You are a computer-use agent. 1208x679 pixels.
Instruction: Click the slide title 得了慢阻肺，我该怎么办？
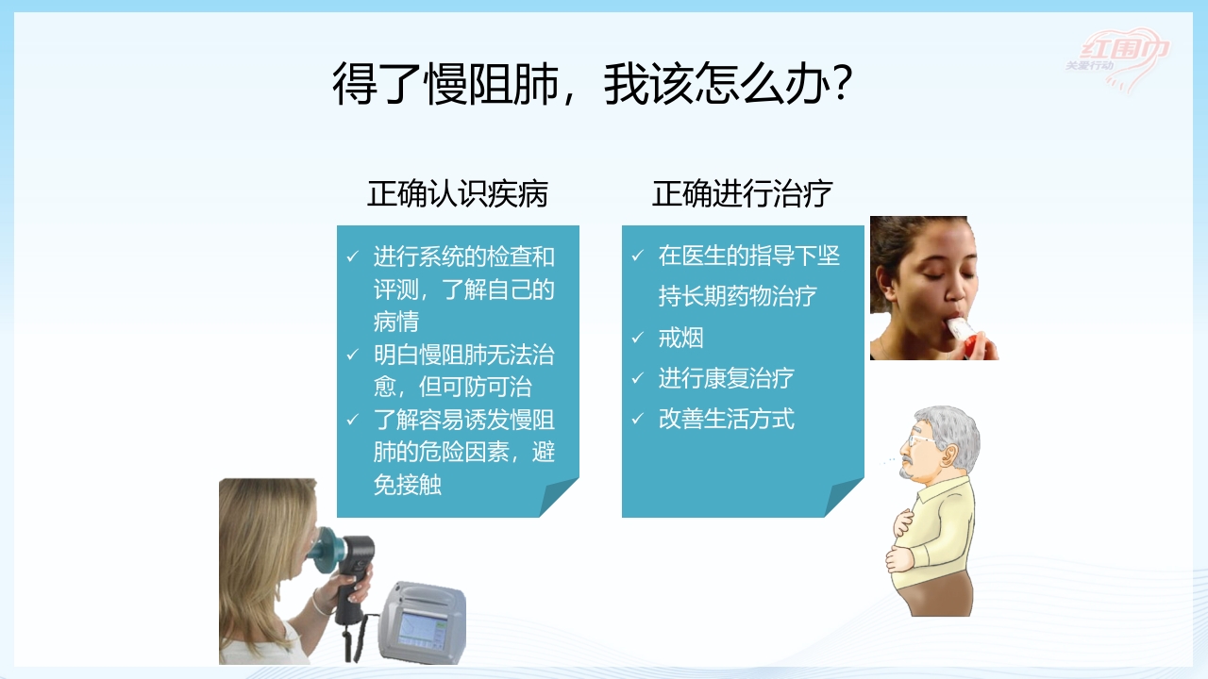pyautogui.click(x=594, y=85)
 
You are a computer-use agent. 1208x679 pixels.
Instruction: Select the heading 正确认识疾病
pyautogui.click(x=458, y=193)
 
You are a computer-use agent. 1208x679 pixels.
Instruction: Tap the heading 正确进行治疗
pyautogui.click(x=743, y=193)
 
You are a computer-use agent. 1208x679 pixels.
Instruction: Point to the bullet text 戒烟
pyautogui.click(x=680, y=338)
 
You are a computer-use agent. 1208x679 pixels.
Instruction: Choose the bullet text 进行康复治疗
pyautogui.click(x=726, y=378)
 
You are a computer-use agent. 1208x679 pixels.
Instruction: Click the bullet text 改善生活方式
pyautogui.click(x=726, y=419)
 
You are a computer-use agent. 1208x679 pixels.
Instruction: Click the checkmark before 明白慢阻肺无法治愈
pyautogui.click(x=353, y=356)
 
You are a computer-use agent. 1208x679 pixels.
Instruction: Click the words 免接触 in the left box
pyautogui.click(x=407, y=485)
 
